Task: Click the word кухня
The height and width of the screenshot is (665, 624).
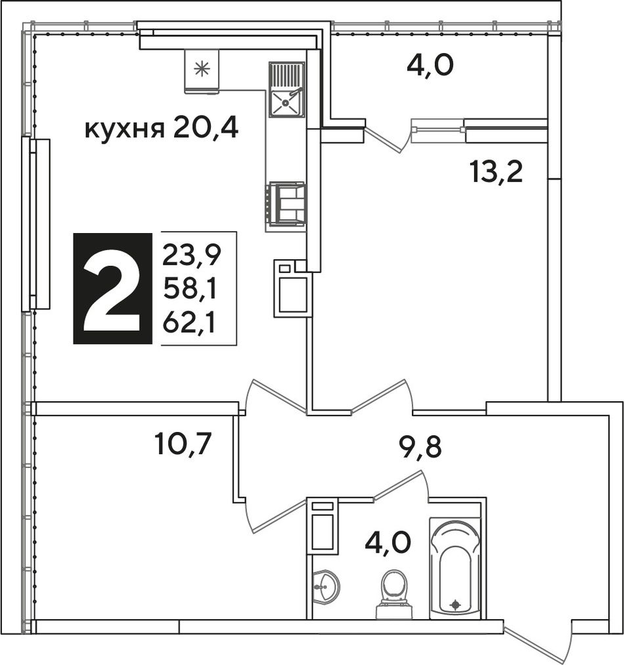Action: [124, 129]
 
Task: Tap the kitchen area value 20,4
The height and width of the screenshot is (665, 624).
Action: [206, 127]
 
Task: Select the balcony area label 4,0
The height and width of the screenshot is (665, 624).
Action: [430, 66]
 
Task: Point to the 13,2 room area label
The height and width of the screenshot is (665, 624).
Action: [496, 172]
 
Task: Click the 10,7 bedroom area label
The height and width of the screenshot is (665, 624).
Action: [183, 444]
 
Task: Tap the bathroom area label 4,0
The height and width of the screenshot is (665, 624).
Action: [388, 544]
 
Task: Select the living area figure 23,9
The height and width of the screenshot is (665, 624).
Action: [192, 255]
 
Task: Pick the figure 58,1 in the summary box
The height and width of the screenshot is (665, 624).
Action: [190, 290]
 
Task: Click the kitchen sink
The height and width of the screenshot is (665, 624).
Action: [286, 89]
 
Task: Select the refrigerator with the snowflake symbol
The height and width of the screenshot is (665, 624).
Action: [202, 71]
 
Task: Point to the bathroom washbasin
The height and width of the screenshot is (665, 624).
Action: [325, 586]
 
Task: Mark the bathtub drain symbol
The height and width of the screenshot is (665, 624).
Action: [456, 604]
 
